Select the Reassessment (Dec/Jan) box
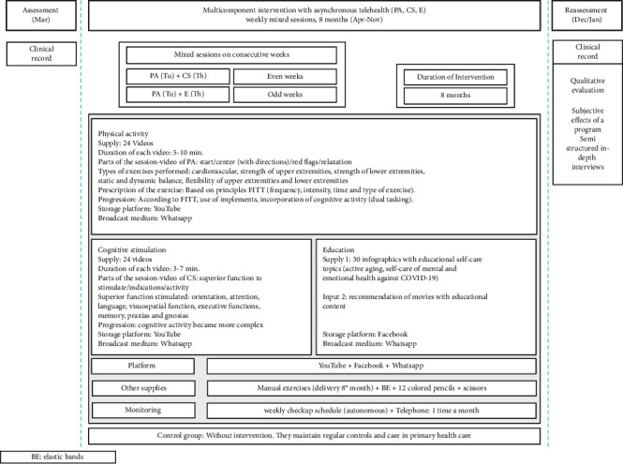pos(586,16)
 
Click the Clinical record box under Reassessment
pos(586,53)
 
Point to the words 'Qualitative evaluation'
pos(586,85)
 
